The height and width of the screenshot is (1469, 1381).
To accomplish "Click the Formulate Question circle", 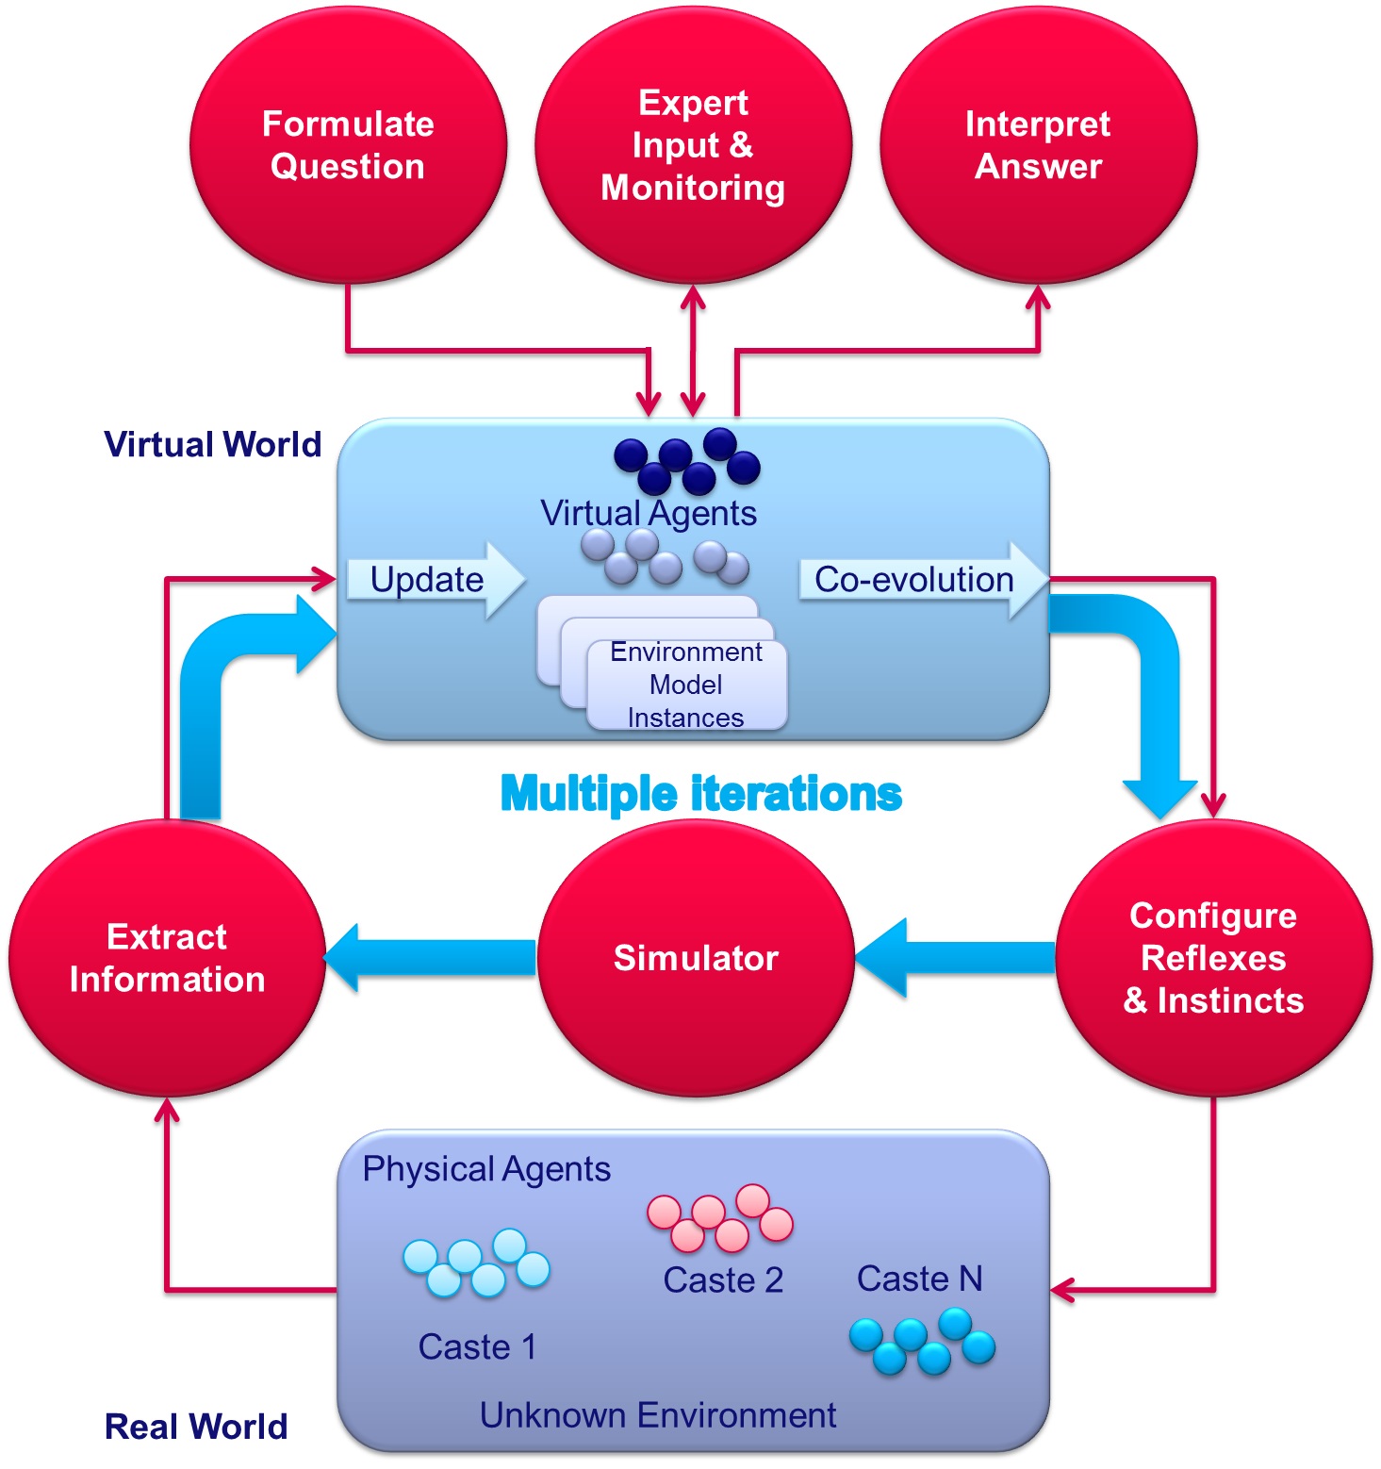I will [x=348, y=145].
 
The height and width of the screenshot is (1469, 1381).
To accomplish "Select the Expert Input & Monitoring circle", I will [x=693, y=145].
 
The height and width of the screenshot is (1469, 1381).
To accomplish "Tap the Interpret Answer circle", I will [x=1038, y=145].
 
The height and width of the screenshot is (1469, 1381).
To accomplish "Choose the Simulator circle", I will [x=696, y=958].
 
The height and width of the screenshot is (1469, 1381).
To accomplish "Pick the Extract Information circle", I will [x=167, y=958].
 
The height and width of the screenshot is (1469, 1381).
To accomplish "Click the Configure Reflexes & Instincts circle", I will [x=1213, y=958].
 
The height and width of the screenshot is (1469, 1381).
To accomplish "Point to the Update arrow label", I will [x=427, y=579].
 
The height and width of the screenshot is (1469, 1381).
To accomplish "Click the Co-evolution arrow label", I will [x=913, y=579].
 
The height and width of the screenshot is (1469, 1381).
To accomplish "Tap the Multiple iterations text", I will [x=700, y=794].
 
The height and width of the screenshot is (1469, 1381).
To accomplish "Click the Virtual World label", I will [x=212, y=444].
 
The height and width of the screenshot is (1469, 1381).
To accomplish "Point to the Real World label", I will [x=196, y=1427].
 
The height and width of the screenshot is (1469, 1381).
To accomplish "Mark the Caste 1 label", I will [x=477, y=1346].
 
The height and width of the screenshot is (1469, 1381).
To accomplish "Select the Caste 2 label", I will [x=723, y=1279].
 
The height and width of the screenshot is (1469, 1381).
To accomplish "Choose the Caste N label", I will [x=919, y=1279].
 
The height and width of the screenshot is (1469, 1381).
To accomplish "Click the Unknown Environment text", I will [x=658, y=1415].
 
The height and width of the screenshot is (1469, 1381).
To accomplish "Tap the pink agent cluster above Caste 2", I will [x=720, y=1218].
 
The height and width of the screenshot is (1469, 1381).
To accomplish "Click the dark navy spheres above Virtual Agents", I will [x=686, y=461].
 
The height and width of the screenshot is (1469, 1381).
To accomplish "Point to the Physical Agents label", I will [x=486, y=1169].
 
